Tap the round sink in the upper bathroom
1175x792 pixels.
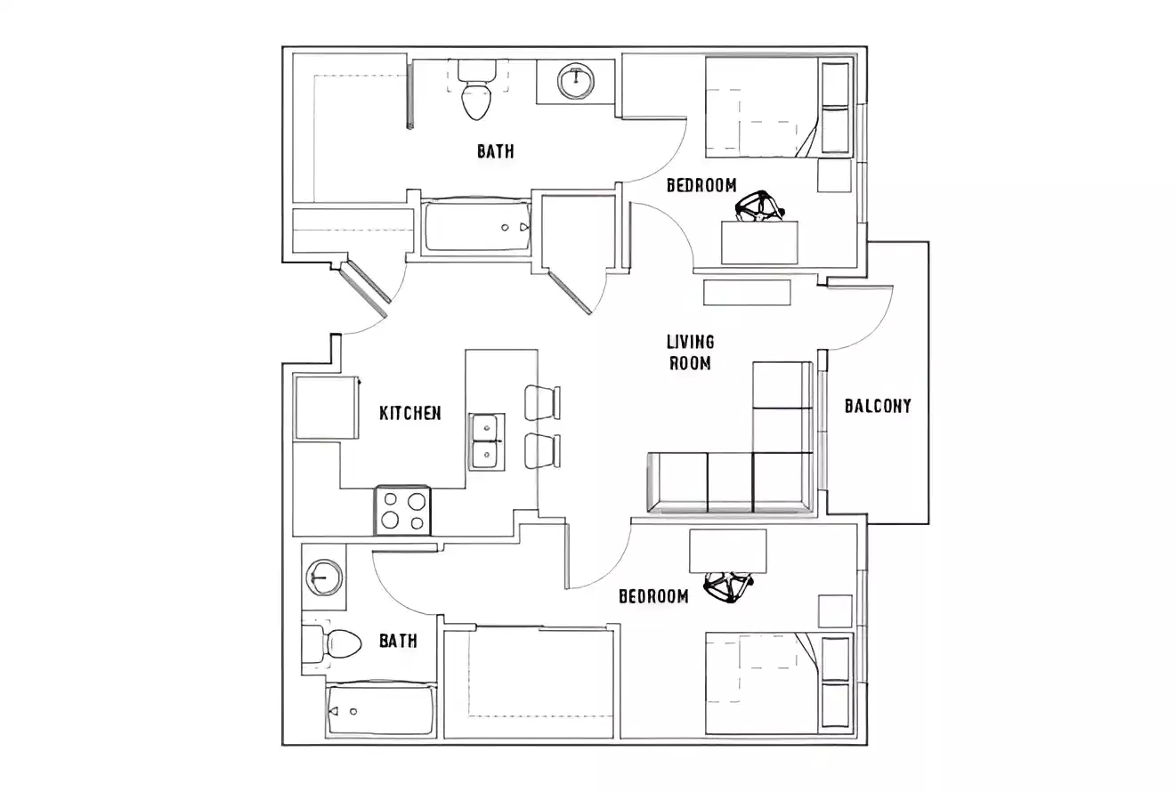point(576,81)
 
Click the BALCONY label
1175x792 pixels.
point(878,407)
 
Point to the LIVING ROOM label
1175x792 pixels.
point(690,352)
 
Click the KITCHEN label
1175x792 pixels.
point(410,413)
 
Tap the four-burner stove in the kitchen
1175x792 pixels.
point(402,511)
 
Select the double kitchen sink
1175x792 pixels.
point(486,441)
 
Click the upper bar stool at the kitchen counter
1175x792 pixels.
point(542,402)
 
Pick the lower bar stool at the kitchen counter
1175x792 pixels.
point(542,451)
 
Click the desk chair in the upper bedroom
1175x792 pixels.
point(758,207)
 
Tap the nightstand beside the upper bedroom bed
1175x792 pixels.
point(835,175)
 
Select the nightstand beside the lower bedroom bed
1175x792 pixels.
point(835,611)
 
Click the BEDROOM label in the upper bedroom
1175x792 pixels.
point(701,185)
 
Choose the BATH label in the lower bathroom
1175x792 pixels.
point(398,641)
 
